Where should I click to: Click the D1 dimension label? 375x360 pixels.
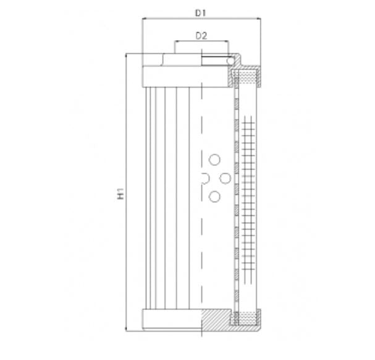[201, 12]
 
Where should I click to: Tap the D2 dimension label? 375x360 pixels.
[201, 35]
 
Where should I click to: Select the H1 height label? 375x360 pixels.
[121, 194]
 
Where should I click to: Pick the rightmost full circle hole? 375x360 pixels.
[226, 179]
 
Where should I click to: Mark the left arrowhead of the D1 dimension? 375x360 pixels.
[145, 19]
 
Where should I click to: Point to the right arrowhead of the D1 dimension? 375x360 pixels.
[258, 19]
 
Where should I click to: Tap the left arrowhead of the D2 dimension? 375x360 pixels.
[176, 43]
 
